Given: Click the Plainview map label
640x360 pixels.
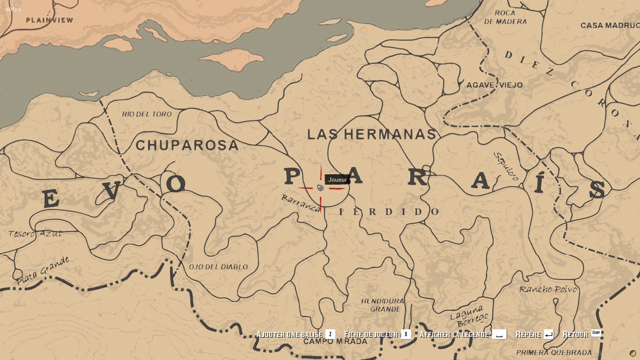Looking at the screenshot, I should tap(49, 20).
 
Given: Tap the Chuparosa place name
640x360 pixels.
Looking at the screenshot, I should tap(187, 145).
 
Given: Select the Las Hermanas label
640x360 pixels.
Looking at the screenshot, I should tap(372, 134).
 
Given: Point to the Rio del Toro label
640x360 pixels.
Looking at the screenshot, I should tap(147, 114).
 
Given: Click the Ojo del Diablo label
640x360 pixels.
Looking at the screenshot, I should tap(218, 267).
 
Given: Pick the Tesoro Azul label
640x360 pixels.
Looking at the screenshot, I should tap(35, 234).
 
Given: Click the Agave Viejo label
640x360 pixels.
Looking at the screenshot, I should tap(494, 85).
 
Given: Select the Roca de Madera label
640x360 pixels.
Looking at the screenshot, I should tap(505, 17).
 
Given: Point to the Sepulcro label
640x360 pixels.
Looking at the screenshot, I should tap(506, 166).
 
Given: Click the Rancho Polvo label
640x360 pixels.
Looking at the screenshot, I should tap(548, 289).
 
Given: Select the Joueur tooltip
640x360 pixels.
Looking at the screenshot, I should tap(338, 180).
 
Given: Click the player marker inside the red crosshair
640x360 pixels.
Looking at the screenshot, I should tap(320, 188).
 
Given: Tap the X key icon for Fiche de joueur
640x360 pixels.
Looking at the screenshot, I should tap(406, 334).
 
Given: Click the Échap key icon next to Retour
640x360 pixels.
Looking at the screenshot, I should tap(596, 333).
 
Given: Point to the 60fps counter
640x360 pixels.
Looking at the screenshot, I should tap(14, 9).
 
